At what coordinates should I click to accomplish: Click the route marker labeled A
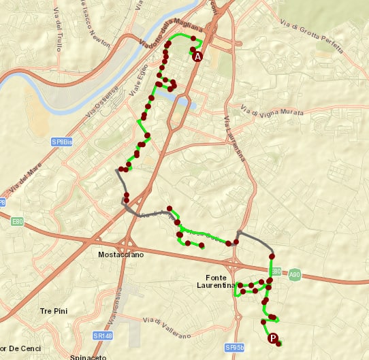(x=198, y=57)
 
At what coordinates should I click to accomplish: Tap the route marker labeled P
(x=273, y=338)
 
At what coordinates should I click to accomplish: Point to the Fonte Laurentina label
(x=220, y=281)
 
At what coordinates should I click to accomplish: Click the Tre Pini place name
(x=54, y=311)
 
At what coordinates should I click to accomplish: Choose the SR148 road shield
(x=102, y=336)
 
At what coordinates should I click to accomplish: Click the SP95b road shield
(x=234, y=347)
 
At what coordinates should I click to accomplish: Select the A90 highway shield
(x=294, y=275)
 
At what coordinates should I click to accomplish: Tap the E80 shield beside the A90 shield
(x=276, y=271)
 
